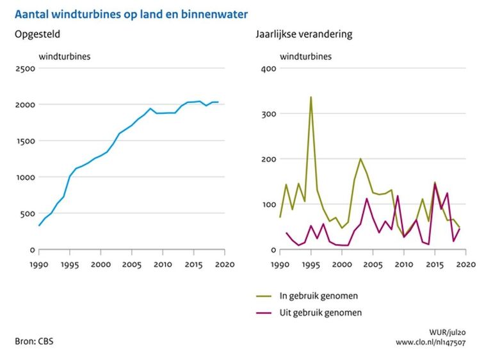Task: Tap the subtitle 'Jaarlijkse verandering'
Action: point(303,34)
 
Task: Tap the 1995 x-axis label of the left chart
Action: point(70,263)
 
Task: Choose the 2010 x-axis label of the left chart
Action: point(163,263)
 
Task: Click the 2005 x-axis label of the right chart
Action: point(373,263)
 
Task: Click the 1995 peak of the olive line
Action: point(311,97)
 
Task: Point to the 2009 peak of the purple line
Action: point(398,196)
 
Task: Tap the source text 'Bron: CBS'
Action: point(34,341)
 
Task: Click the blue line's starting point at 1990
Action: point(39,225)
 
